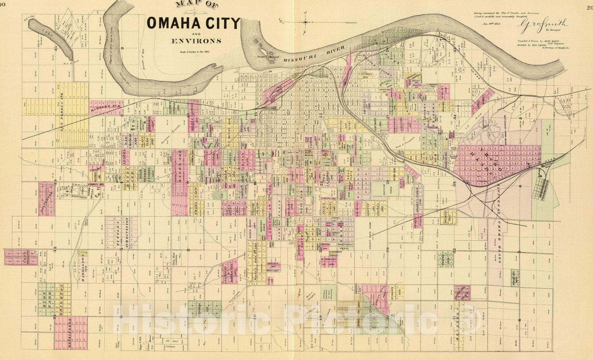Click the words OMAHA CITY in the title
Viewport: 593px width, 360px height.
click(193, 23)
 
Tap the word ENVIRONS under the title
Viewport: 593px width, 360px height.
click(196, 40)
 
